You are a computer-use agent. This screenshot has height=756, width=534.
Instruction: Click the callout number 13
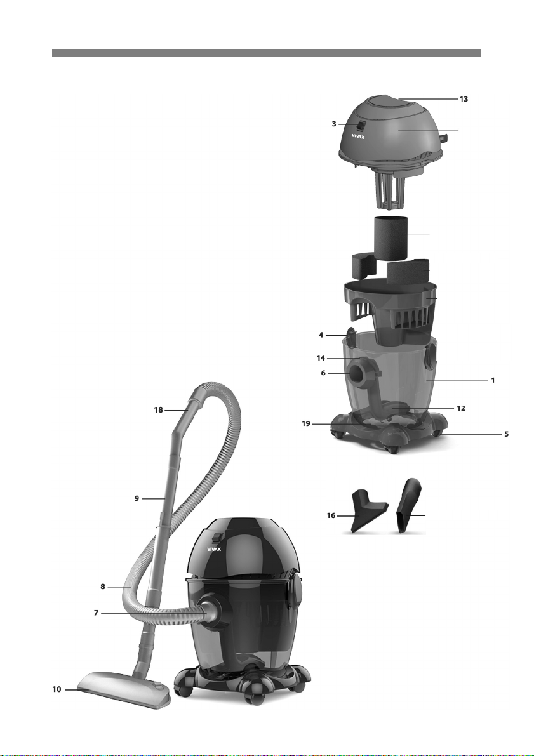tap(464, 99)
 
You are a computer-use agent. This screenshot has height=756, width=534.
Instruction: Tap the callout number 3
tap(334, 124)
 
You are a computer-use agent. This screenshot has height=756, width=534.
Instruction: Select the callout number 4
tap(321, 335)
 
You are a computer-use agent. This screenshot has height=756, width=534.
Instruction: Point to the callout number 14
tap(321, 358)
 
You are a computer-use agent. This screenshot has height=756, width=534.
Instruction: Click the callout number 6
tap(323, 373)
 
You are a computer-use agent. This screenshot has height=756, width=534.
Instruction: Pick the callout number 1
tap(493, 380)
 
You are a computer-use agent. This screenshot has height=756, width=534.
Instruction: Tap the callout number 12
tap(461, 408)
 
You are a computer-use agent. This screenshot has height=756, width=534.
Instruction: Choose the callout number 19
tap(306, 424)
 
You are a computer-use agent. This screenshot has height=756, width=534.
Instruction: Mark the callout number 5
tap(507, 434)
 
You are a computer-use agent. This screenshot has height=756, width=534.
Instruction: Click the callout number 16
tap(331, 515)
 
